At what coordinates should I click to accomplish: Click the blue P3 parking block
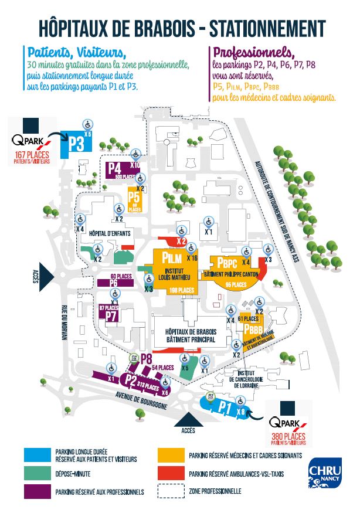76,143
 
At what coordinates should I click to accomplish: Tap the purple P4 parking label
114,169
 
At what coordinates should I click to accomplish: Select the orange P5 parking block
134,200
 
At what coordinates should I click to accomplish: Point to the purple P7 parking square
112,315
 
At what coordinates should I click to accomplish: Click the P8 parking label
147,359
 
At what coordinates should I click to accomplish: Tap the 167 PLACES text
32,154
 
